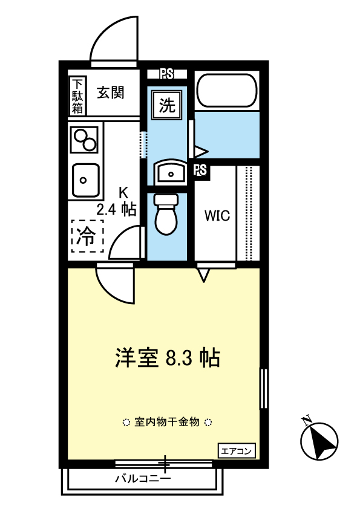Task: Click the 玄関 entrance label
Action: click(x=111, y=93)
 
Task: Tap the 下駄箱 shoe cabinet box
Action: click(x=78, y=96)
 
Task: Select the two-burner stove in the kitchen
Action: click(x=84, y=140)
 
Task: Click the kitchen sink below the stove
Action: click(x=85, y=180)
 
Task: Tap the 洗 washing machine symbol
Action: click(x=166, y=106)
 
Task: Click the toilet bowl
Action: click(x=166, y=214)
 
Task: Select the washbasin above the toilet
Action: click(x=169, y=173)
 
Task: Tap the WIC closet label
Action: click(x=217, y=216)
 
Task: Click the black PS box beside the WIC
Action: click(x=201, y=170)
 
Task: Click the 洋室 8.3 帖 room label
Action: click(x=167, y=358)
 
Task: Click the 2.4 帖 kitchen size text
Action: click(x=116, y=210)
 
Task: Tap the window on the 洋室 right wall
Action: click(x=263, y=387)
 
